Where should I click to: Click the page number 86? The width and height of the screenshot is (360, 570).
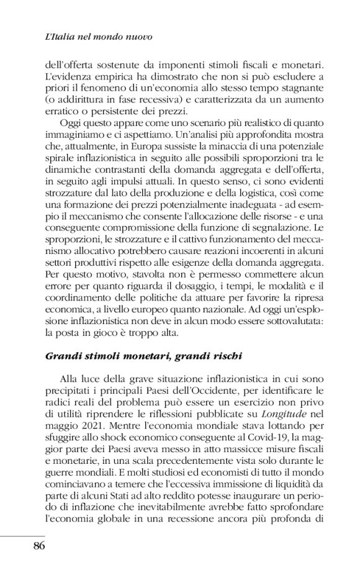point(35,546)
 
